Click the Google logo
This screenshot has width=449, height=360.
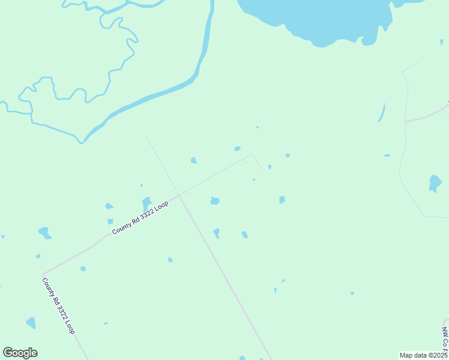[x=20, y=353]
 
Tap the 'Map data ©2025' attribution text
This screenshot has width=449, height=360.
[x=423, y=355]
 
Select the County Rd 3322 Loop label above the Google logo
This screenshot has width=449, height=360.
[x=58, y=305]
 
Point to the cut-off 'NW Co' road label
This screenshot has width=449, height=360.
[x=445, y=338]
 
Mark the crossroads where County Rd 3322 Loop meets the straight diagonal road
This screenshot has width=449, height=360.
[x=179, y=195]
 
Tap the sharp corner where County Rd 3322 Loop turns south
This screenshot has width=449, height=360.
[x=43, y=272]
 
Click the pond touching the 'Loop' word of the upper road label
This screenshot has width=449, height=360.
[x=146, y=203]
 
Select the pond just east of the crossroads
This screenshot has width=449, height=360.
[x=215, y=200]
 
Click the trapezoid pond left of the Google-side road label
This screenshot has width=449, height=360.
[x=31, y=323]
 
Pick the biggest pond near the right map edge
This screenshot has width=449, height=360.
[x=435, y=182]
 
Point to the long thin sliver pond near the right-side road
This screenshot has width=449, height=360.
[x=382, y=112]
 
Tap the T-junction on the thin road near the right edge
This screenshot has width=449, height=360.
[x=406, y=121]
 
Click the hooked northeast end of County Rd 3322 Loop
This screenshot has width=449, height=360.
[x=253, y=155]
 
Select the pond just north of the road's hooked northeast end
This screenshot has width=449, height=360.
[x=237, y=148]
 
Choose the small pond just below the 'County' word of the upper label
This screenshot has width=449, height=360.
[x=110, y=221]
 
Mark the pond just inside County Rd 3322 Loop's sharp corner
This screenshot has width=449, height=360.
[x=83, y=268]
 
